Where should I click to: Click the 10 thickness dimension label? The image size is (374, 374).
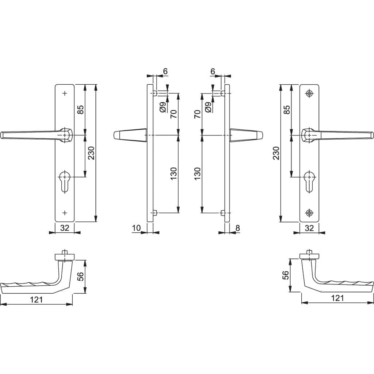pyautogui.click(x=137, y=228)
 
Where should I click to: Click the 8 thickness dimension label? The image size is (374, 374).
pyautogui.click(x=237, y=228)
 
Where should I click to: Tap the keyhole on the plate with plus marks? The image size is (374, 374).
pyautogui.click(x=64, y=182)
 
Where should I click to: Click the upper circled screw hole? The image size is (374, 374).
pyautogui.click(x=309, y=93)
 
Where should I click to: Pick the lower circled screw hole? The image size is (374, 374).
pyautogui.click(x=309, y=213)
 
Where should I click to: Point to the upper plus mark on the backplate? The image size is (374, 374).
pyautogui.click(x=65, y=93)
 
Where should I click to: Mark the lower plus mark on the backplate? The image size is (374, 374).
pyautogui.click(x=65, y=213)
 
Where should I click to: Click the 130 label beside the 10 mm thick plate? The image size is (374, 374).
pyautogui.click(x=173, y=173)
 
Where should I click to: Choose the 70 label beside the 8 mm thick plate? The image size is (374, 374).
pyautogui.click(x=198, y=114)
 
